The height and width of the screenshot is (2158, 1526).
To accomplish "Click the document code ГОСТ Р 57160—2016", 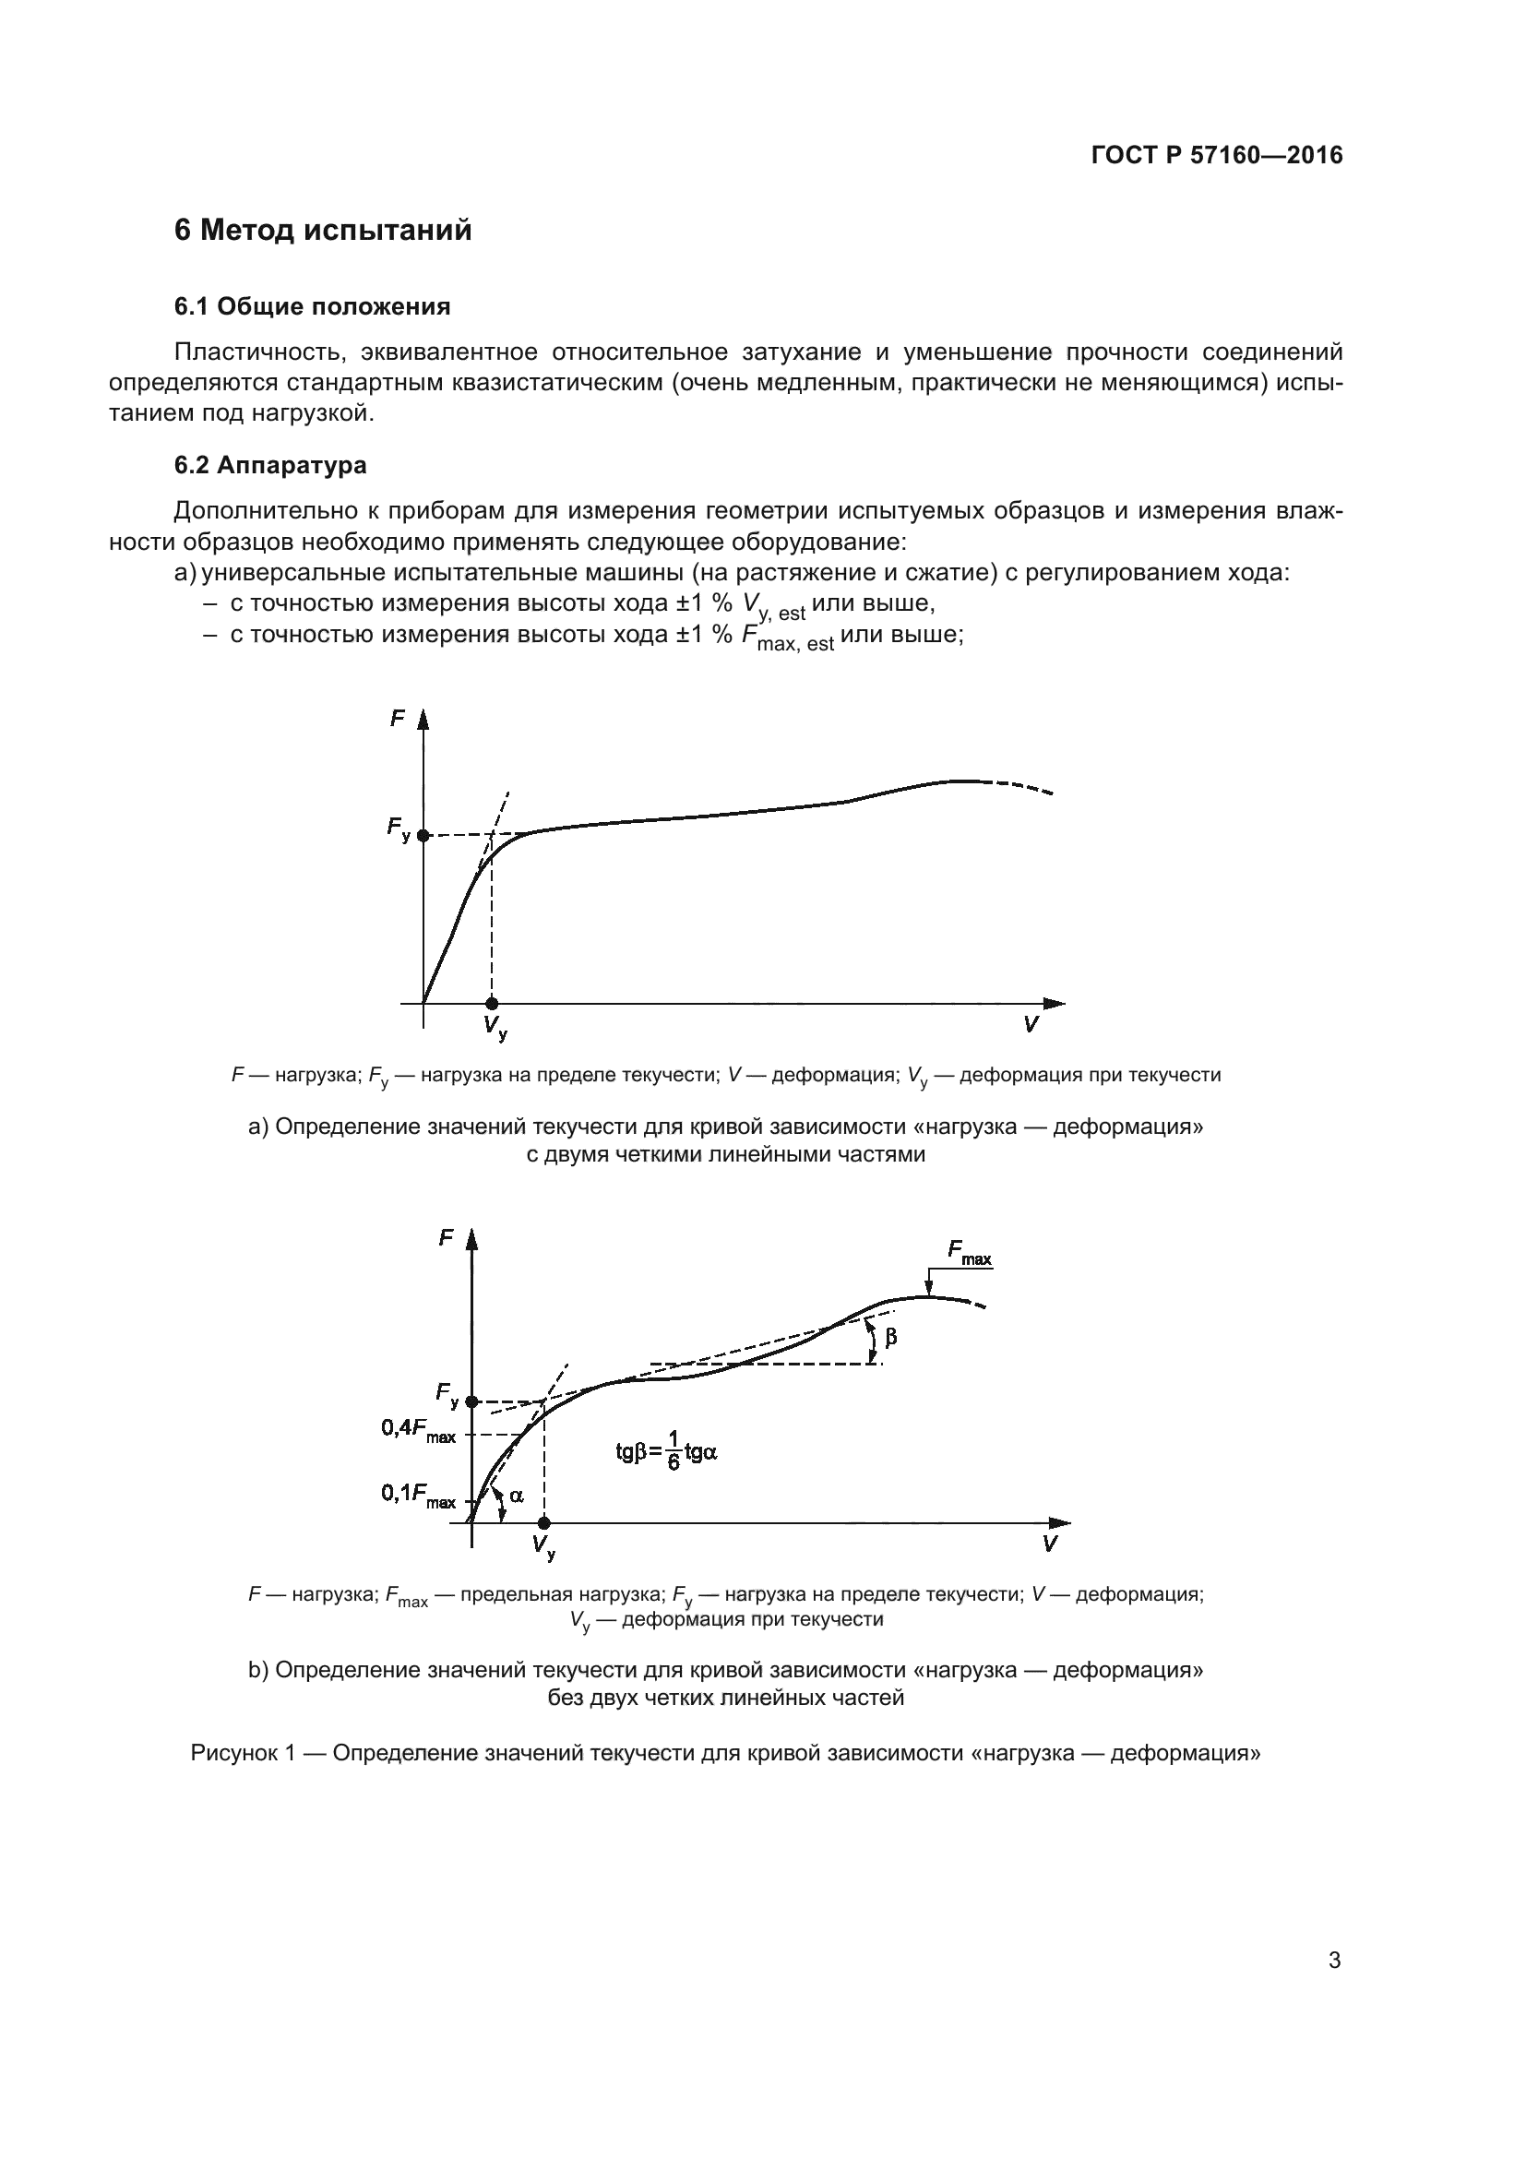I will pyautogui.click(x=1217, y=156).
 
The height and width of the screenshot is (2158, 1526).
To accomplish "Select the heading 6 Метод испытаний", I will pyautogui.click(x=323, y=231).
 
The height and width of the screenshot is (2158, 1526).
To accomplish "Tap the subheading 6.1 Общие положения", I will pyautogui.click(x=312, y=306).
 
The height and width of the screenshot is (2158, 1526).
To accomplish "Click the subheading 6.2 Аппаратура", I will pyautogui.click(x=269, y=465).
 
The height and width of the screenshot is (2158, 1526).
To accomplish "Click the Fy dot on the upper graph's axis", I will pyautogui.click(x=423, y=835).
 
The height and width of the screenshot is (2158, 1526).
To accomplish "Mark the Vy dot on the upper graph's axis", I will pyautogui.click(x=492, y=1004).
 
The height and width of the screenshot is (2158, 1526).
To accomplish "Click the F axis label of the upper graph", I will pyautogui.click(x=398, y=719).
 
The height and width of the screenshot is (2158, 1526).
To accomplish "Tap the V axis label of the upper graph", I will pyautogui.click(x=1031, y=1025).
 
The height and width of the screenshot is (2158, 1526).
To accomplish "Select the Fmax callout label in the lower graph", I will pyautogui.click(x=969, y=1253).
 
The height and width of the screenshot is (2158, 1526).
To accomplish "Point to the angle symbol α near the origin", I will pyautogui.click(x=517, y=1496).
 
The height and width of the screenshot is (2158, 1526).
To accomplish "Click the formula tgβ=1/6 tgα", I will pyautogui.click(x=666, y=1452).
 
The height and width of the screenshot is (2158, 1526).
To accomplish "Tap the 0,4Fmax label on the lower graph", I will pyautogui.click(x=418, y=1431).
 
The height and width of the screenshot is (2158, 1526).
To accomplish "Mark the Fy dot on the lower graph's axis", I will pyautogui.click(x=471, y=1401).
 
